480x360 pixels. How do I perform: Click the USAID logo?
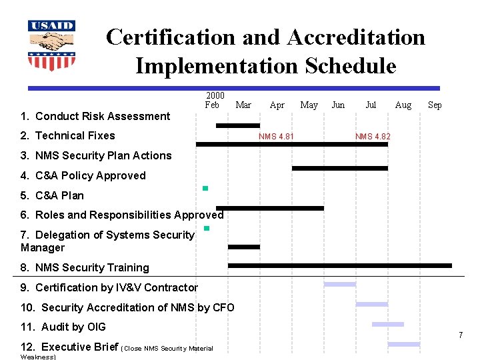(51, 45)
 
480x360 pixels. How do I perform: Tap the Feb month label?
(212, 105)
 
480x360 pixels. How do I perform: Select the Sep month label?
(435, 105)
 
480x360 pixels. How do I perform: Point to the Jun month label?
(338, 105)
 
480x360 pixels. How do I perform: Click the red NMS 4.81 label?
(276, 137)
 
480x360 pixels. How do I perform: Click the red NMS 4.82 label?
(373, 137)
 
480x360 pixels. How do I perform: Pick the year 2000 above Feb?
(215, 95)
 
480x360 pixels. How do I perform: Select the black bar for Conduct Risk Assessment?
(238, 125)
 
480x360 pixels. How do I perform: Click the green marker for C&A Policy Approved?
(205, 189)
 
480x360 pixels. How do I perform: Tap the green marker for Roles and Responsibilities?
(207, 229)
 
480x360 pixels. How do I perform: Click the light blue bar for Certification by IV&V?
(339, 285)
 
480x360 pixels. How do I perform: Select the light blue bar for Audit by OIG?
(387, 325)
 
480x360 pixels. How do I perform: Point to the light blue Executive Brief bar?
(403, 345)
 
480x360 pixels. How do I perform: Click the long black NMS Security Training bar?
(339, 265)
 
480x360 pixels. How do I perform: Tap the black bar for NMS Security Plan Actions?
(339, 168)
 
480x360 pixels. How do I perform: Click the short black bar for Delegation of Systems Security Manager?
(243, 247)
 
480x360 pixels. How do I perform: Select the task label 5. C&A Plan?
(52, 195)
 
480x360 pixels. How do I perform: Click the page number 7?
(460, 335)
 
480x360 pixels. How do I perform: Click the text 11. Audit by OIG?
(63, 327)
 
